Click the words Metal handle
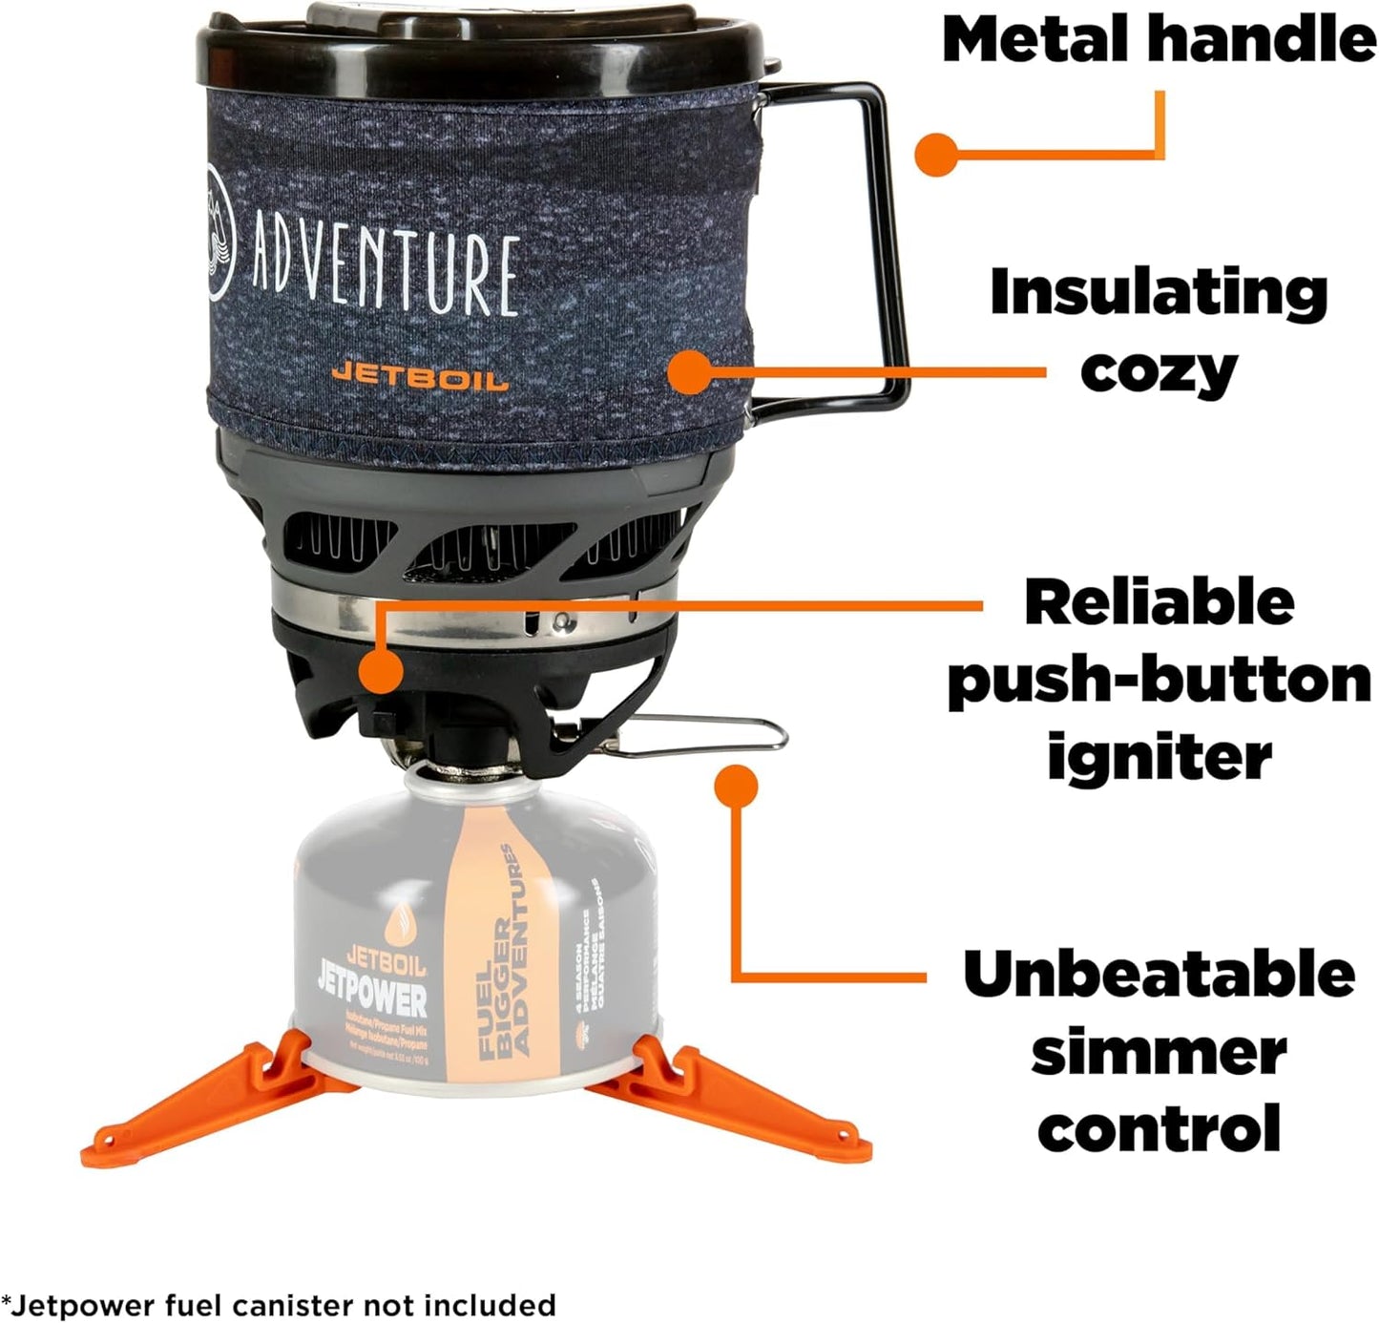pyautogui.click(x=1158, y=40)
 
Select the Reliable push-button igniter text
pyautogui.click(x=1158, y=679)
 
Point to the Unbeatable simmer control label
pyautogui.click(x=1158, y=1050)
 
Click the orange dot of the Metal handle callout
pyautogui.click(x=935, y=153)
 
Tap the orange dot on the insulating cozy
pyautogui.click(x=691, y=372)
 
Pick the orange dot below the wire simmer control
pyautogui.click(x=736, y=786)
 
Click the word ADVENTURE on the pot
pyautogui.click(x=386, y=266)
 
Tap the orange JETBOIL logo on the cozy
pyautogui.click(x=419, y=375)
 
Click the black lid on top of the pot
pyautogui.click(x=477, y=48)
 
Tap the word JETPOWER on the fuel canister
pyautogui.click(x=372, y=999)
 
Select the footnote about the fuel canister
pyautogui.click(x=279, y=1304)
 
